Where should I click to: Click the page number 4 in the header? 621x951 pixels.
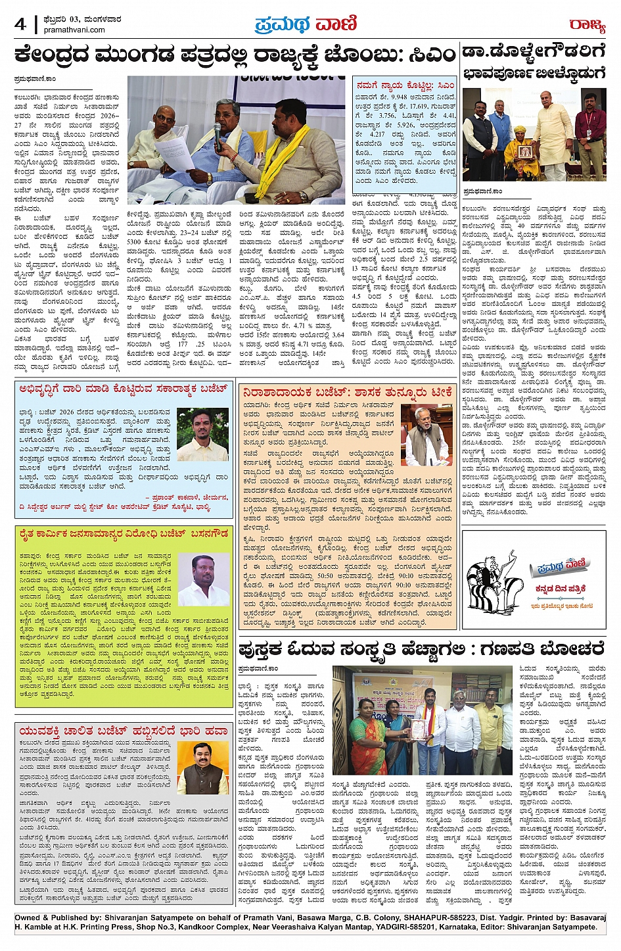pos(20,24)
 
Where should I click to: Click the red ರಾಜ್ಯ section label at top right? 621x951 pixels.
pos(586,25)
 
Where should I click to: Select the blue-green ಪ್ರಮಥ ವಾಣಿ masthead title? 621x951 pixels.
pos(306,24)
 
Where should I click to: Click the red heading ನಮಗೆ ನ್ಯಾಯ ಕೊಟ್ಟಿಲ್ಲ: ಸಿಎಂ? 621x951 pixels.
pos(405,85)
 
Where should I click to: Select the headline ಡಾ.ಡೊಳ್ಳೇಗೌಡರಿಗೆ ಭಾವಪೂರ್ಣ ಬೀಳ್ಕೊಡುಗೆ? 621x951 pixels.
pos(534,62)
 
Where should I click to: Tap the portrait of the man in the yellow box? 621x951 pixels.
pos(203,579)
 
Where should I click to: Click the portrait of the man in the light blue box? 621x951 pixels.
pos(202,434)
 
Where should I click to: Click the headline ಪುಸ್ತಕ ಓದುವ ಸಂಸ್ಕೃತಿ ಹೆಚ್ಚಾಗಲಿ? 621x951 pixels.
pos(421,650)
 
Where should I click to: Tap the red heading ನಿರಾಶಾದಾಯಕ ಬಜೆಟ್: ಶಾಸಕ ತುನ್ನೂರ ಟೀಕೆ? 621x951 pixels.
pos(347,392)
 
